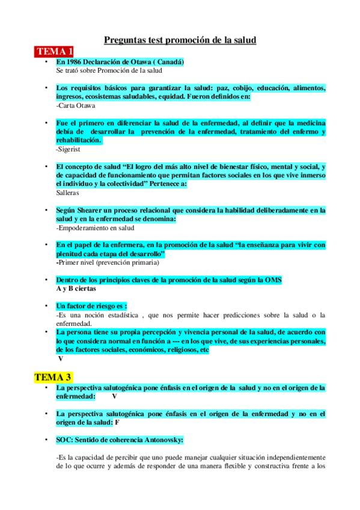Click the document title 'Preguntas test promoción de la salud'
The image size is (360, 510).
click(180, 40)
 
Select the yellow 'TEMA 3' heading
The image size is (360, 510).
click(53, 377)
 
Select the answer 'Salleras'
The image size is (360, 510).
click(67, 192)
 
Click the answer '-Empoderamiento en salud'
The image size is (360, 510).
click(94, 228)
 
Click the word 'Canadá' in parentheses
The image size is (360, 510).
click(166, 62)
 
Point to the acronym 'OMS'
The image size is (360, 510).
click(273, 280)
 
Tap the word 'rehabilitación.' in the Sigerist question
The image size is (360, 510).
click(78, 140)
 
